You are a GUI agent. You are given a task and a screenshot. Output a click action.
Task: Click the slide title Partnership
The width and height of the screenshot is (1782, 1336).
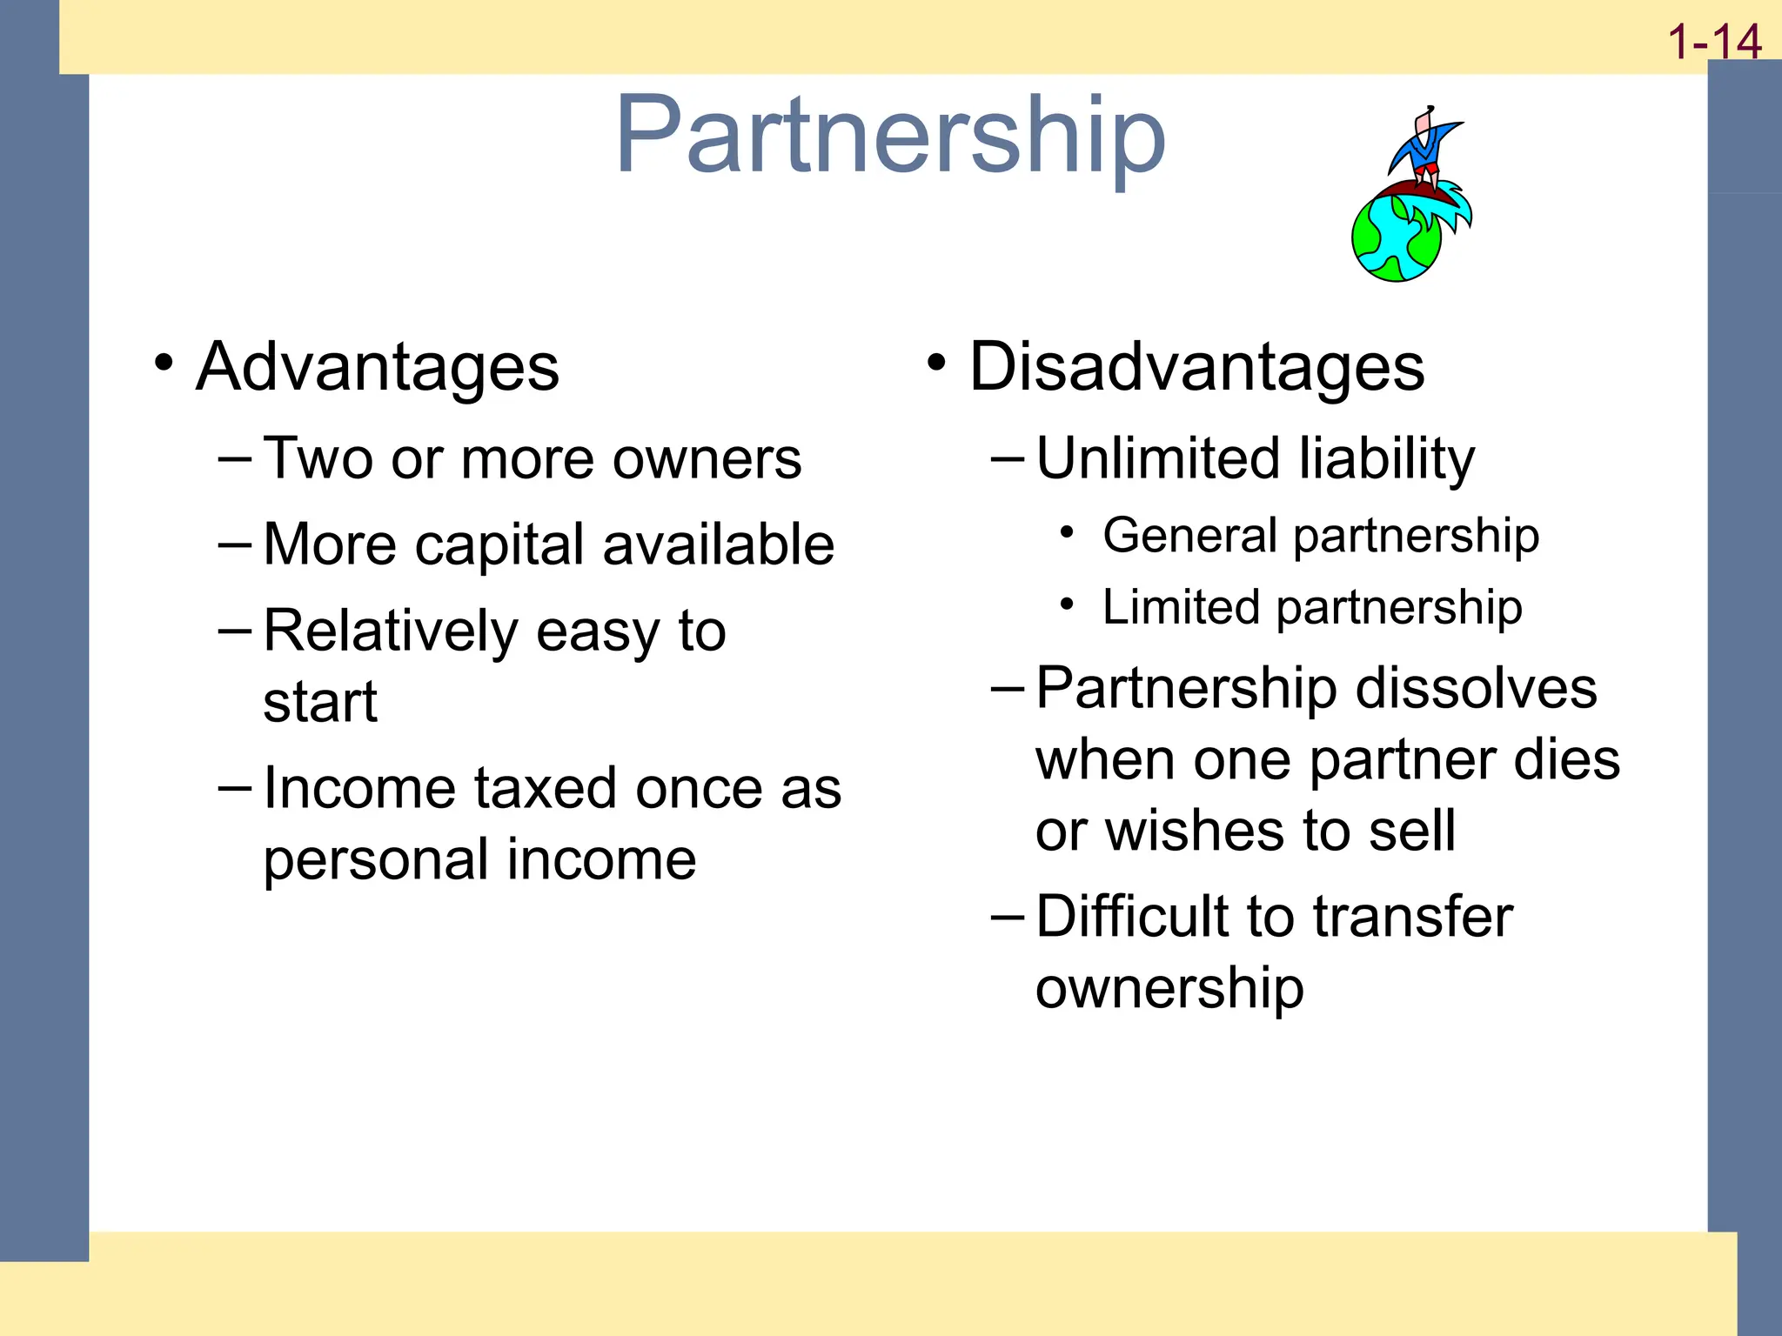coord(889,137)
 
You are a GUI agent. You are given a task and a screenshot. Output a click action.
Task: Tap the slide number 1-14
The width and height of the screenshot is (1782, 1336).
coord(1713,42)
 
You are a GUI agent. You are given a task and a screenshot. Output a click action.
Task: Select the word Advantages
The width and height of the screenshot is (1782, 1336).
coord(378,367)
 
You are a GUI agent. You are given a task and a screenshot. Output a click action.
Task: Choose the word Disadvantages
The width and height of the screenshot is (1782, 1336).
coord(1196,367)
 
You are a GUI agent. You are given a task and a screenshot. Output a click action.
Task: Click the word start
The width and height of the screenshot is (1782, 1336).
coord(320,702)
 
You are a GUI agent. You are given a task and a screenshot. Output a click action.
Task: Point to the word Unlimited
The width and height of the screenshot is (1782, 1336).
coord(1158,458)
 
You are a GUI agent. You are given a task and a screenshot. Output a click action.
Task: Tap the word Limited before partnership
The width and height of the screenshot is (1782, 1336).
coord(1180,607)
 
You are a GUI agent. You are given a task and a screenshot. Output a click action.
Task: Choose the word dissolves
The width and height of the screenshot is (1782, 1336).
coord(1476,688)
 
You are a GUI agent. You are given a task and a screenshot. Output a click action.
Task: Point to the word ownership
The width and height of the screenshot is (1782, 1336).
coord(1169,989)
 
